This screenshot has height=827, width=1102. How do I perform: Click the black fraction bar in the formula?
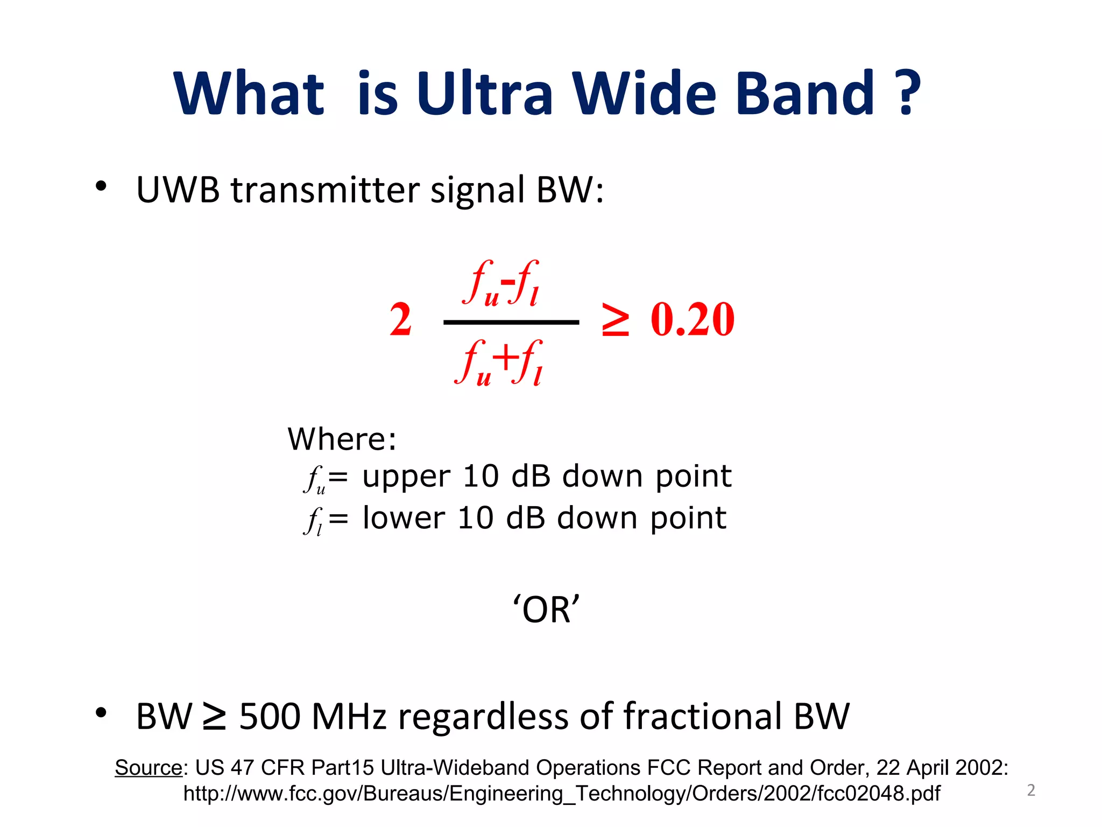tap(511, 323)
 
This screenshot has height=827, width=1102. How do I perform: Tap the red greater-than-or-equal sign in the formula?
tap(615, 320)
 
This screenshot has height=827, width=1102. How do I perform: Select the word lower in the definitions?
tap(404, 518)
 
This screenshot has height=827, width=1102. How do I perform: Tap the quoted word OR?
tap(546, 609)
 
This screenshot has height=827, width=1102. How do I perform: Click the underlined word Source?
tap(149, 767)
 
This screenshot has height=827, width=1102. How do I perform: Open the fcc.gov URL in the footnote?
tap(561, 794)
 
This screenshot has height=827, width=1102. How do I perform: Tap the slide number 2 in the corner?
tap(1031, 790)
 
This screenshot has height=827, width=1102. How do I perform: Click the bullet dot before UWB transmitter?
tap(101, 186)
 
